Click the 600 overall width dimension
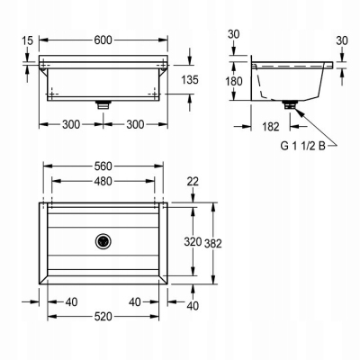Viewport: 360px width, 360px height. coord(103,40)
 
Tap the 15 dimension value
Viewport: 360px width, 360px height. coord(28,40)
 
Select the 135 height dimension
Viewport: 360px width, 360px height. coord(190,80)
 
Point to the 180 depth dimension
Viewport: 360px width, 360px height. coord(234,81)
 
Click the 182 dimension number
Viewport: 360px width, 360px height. coord(271,127)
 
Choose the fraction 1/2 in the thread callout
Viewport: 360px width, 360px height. coord(308,146)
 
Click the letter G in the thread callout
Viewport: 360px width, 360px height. coord(284,146)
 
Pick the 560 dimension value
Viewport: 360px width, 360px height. coord(103,166)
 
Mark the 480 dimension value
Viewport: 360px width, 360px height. coord(103,181)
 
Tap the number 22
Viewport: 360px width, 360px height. coord(193,182)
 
